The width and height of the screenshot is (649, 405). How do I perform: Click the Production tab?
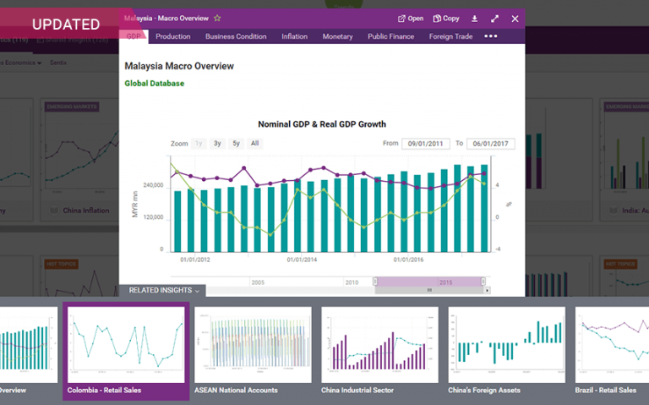point(172,36)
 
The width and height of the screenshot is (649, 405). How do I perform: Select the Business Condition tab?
point(236,36)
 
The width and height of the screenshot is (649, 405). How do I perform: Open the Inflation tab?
point(294,36)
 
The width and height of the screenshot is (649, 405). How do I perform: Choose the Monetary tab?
point(337,36)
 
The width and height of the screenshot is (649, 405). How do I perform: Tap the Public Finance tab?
point(390,36)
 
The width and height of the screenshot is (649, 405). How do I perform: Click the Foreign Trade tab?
point(450,36)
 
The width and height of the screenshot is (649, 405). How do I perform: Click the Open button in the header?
point(411,18)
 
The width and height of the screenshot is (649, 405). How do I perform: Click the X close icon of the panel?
point(515,18)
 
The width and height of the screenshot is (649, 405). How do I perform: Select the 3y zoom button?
point(217,144)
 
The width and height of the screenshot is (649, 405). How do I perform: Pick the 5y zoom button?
point(237,144)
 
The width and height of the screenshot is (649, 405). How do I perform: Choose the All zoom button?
point(254,144)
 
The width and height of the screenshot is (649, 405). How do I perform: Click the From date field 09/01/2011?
point(425,144)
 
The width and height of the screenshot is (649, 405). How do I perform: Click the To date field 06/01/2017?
point(490,144)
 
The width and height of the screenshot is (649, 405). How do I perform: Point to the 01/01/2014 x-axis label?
point(302,260)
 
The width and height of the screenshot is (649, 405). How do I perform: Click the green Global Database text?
point(154,84)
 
